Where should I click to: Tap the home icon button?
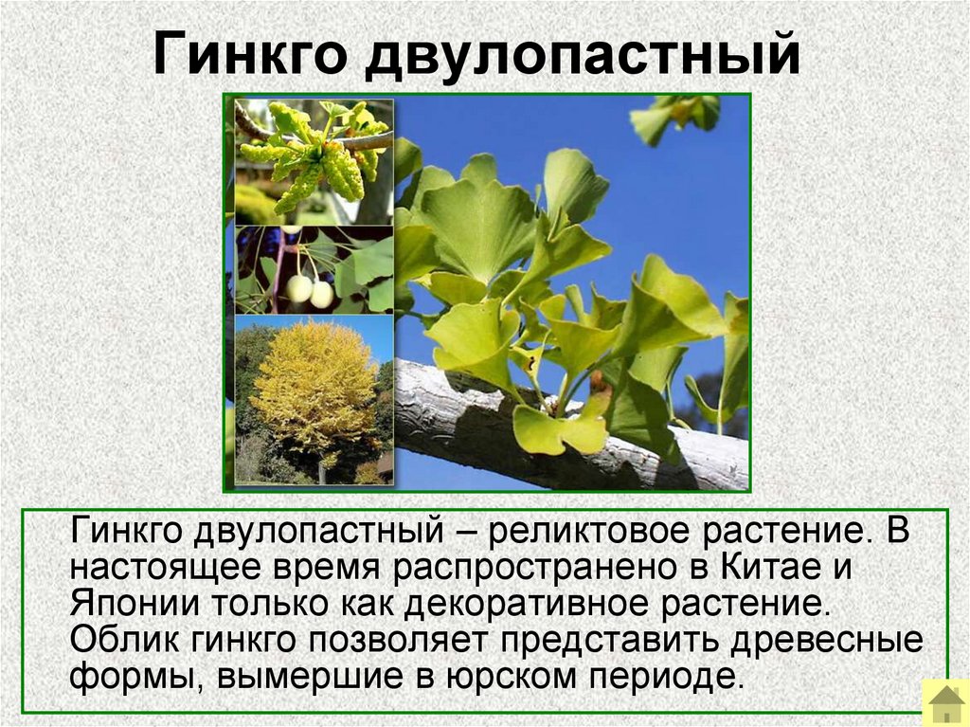coord(945,703)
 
